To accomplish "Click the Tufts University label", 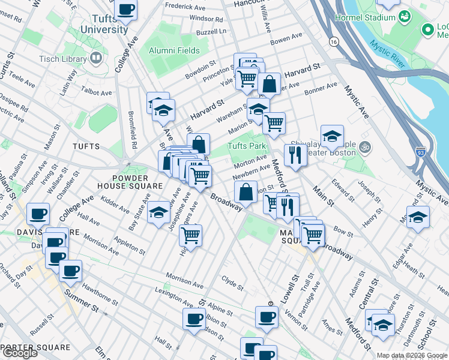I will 104,23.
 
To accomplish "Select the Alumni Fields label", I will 175,50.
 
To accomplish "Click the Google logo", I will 20,353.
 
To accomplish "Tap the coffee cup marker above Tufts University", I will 126,10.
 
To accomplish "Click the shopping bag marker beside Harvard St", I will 270,85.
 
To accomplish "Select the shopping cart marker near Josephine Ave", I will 190,235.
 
